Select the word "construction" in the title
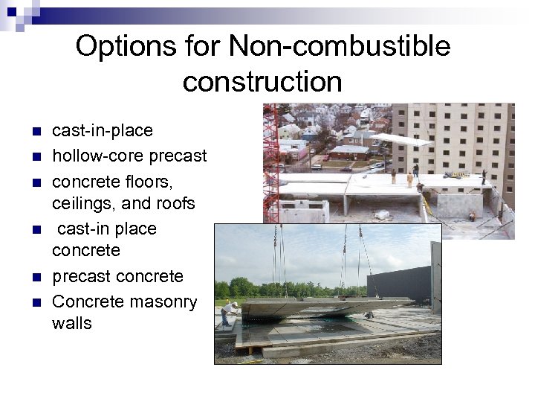coord(262,81)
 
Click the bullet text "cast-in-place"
coord(103,131)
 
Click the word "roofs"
coord(173,203)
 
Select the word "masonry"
coord(163,302)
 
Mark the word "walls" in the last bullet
coord(72,323)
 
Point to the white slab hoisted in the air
coord(402,139)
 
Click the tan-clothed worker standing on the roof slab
coord(409,179)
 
